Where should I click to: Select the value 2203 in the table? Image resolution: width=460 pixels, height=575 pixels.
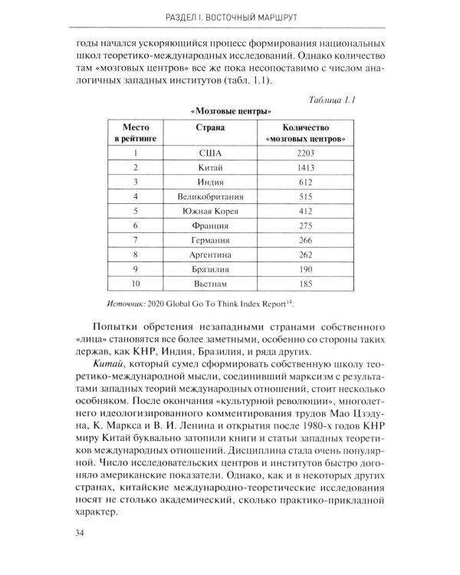[x=305, y=153]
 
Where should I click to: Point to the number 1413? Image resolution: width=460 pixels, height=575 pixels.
[x=305, y=166]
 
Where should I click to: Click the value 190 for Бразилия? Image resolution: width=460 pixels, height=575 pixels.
[x=305, y=269]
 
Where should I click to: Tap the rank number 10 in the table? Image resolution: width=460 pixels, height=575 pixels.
[x=135, y=284]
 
